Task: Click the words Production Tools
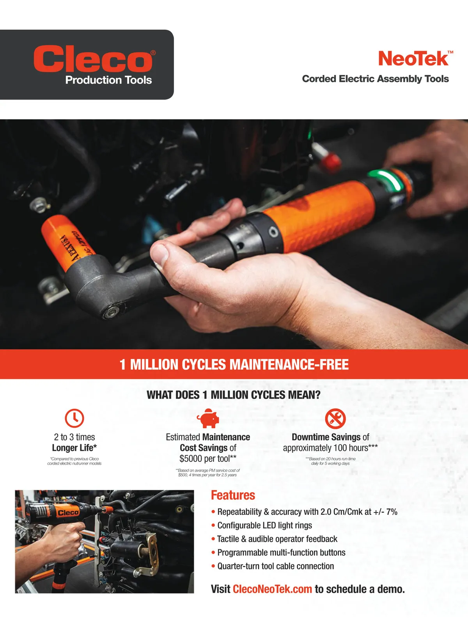pyautogui.click(x=108, y=80)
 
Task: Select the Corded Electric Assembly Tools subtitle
pyautogui.click(x=375, y=79)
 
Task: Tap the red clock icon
pyautogui.click(x=74, y=418)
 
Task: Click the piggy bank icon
pyautogui.click(x=208, y=418)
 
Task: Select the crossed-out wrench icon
pyautogui.click(x=335, y=419)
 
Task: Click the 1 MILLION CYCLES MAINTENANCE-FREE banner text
pyautogui.click(x=234, y=364)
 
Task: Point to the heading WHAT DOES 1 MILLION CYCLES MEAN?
pyautogui.click(x=234, y=395)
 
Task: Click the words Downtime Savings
pyautogui.click(x=326, y=437)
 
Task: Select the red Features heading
pyautogui.click(x=233, y=495)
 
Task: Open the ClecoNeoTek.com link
pyautogui.click(x=273, y=589)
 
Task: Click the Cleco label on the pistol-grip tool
pyautogui.click(x=69, y=512)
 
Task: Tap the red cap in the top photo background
pyautogui.click(x=330, y=163)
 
